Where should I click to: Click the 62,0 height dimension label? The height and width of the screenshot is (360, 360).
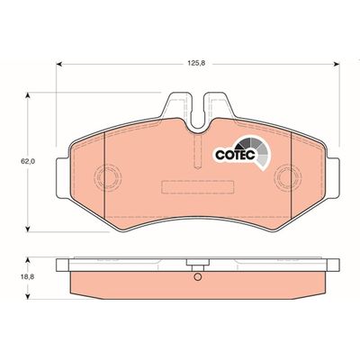click(28, 161)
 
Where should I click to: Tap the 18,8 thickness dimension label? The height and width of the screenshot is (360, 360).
click(28, 277)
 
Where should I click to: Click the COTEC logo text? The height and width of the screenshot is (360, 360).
click(236, 155)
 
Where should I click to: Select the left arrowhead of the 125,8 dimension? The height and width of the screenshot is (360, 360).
click(59, 64)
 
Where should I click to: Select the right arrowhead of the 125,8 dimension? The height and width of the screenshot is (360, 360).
click(337, 64)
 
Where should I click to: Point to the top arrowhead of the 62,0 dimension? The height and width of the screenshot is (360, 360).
click(28, 95)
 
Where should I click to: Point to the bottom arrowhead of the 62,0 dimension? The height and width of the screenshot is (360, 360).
click(28, 229)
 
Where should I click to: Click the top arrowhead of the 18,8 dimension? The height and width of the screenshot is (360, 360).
click(28, 260)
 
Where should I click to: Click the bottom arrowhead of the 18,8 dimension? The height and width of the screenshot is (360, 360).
click(28, 296)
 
